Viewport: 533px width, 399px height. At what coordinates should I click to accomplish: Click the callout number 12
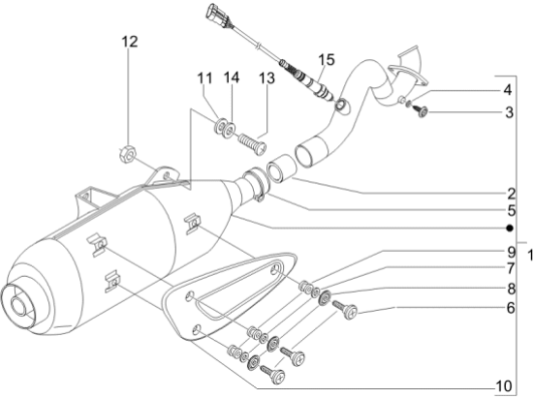click(130, 42)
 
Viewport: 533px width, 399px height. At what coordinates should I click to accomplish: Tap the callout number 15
click(327, 59)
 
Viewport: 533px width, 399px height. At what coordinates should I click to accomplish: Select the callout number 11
click(205, 78)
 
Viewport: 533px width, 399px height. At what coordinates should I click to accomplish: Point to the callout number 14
click(232, 77)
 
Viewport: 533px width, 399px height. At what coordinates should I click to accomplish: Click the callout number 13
click(266, 78)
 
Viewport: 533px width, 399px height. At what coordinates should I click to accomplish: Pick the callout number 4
click(507, 90)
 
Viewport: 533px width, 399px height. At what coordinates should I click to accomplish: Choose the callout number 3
click(509, 112)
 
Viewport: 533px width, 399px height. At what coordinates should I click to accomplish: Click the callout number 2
click(512, 195)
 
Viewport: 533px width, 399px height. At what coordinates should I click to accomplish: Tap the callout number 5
click(512, 211)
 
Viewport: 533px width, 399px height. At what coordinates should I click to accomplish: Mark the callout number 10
click(504, 386)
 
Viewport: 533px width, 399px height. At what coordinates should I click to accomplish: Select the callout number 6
click(511, 308)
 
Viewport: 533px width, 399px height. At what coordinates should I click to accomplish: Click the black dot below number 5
click(509, 229)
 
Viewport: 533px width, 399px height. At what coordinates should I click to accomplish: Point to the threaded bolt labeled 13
click(252, 144)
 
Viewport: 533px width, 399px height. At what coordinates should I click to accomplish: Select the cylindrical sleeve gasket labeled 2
click(283, 169)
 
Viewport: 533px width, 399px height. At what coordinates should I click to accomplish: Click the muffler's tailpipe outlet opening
click(18, 305)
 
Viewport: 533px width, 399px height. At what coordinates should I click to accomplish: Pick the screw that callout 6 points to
click(344, 309)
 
